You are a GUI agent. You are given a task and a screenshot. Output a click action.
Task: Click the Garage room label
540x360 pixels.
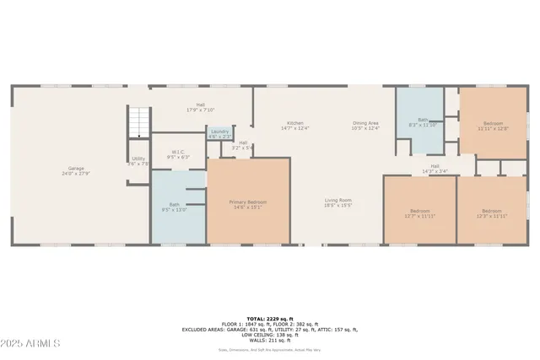pos(75,170)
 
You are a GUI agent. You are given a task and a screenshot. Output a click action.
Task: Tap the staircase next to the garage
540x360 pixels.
pos(138,123)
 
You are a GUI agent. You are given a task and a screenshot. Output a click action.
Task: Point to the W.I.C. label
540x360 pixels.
pos(178,154)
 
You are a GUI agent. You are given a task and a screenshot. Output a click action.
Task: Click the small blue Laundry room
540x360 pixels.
pos(220,133)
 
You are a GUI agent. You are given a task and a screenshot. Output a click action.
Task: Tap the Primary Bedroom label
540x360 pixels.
pos(250,204)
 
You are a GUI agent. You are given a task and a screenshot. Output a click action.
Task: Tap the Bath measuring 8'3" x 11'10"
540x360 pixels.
pos(418,122)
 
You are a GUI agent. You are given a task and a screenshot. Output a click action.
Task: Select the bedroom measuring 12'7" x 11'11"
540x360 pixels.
pos(419,212)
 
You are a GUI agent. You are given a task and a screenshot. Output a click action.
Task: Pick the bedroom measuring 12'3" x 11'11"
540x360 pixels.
pos(491,212)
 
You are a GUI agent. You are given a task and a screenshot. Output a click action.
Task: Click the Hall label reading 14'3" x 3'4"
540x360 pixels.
pos(435,168)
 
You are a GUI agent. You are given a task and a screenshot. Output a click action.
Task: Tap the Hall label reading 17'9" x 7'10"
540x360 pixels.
pos(201,107)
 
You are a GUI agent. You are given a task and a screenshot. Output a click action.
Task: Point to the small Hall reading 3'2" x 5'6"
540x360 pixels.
pos(243,145)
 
